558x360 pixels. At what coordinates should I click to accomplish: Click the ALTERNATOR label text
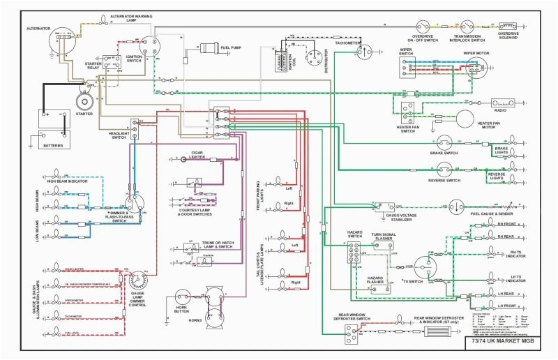(x=38, y=28)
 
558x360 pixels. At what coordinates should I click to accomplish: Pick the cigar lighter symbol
(x=184, y=159)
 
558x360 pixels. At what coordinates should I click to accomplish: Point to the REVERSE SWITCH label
(x=444, y=180)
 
